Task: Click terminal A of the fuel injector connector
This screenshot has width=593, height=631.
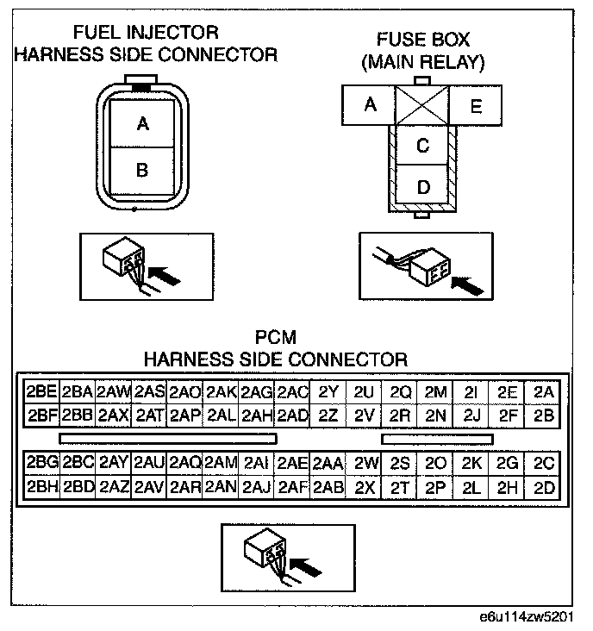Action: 143,124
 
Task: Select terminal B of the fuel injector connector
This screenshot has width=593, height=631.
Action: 143,170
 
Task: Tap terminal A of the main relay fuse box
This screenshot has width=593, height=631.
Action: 371,105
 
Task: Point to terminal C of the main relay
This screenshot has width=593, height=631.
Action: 422,146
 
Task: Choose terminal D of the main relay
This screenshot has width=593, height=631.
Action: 422,186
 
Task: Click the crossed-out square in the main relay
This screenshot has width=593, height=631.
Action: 422,105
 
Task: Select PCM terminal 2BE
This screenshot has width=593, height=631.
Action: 41,392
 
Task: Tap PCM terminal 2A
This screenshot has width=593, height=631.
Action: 543,392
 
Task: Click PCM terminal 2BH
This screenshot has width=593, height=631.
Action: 41,487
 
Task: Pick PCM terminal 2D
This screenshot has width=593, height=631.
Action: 543,487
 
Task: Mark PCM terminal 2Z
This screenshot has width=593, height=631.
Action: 328,414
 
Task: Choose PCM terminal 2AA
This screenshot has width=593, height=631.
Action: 328,464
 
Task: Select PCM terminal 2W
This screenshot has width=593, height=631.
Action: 365,464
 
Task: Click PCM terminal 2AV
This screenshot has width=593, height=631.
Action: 149,487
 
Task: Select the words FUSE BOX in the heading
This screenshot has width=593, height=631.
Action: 422,41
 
